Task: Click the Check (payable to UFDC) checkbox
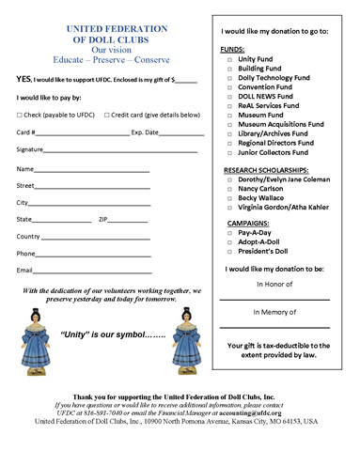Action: [20, 115]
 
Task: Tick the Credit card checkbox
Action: [107, 115]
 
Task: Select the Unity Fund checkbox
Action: [228, 59]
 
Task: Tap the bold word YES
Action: [24, 80]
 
